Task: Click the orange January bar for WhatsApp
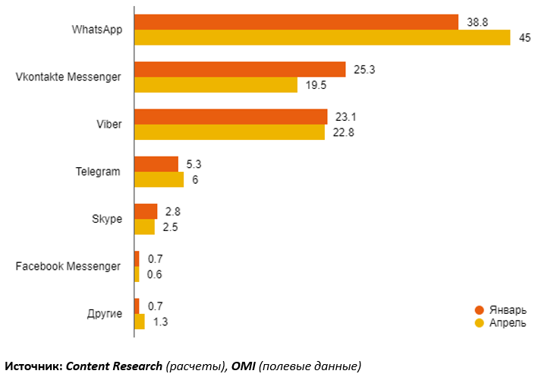[296, 22]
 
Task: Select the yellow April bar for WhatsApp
[322, 37]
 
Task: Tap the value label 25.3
[365, 69]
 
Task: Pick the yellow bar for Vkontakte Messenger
[216, 85]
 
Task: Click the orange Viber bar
[231, 116]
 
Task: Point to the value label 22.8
[343, 132]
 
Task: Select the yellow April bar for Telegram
[159, 179]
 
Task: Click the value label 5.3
[194, 164]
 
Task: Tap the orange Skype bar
[146, 211]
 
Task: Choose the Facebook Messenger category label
[68, 266]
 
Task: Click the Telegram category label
[98, 172]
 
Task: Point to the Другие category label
[105, 313]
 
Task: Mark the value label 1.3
[160, 322]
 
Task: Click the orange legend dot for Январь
[479, 309]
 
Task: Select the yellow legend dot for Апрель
[479, 323]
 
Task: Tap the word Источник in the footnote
[33, 366]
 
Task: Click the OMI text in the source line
[242, 366]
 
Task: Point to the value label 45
[524, 38]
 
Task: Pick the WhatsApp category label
[97, 30]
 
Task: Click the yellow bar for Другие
[139, 322]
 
